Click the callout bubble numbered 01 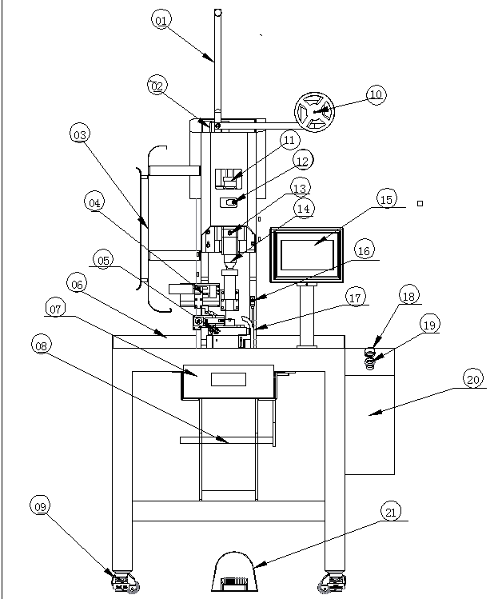(161, 19)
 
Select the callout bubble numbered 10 (376, 94)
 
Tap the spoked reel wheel (315, 112)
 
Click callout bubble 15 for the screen (386, 199)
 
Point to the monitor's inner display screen (307, 254)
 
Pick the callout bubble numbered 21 (391, 512)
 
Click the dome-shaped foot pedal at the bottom (234, 572)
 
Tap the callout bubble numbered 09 (40, 506)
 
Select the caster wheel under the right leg (333, 582)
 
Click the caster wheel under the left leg (125, 582)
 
